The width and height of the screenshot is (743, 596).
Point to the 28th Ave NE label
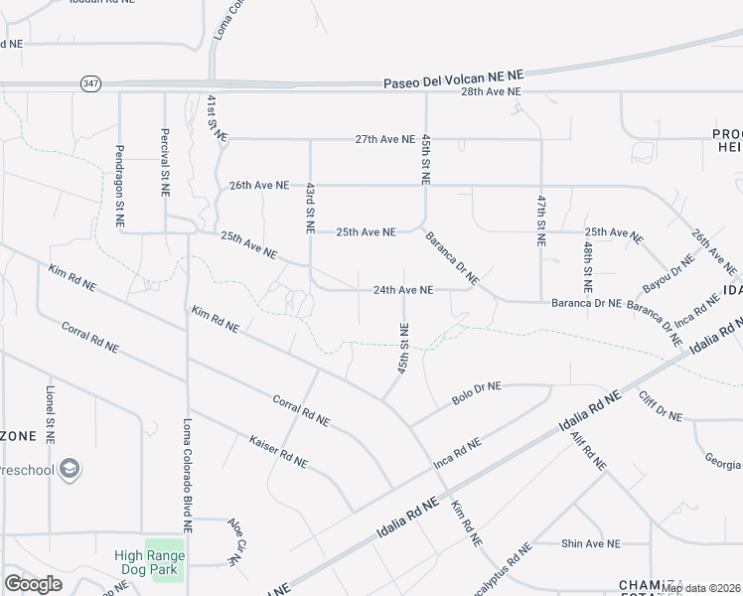pos(491,91)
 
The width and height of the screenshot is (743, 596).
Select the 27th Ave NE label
pos(384,139)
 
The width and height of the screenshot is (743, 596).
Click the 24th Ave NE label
pos(402,290)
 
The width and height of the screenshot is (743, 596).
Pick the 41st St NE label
pos(213,118)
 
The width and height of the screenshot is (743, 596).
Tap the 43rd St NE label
pos(310,208)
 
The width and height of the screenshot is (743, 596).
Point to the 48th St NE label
pos(588,260)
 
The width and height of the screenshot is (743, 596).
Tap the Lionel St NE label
pos(49,414)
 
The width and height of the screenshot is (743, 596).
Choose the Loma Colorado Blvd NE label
pos(186,473)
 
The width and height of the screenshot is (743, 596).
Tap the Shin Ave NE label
pos(590,543)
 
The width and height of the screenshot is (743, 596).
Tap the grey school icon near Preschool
pos(70,468)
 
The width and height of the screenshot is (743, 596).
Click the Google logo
pos(33,584)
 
